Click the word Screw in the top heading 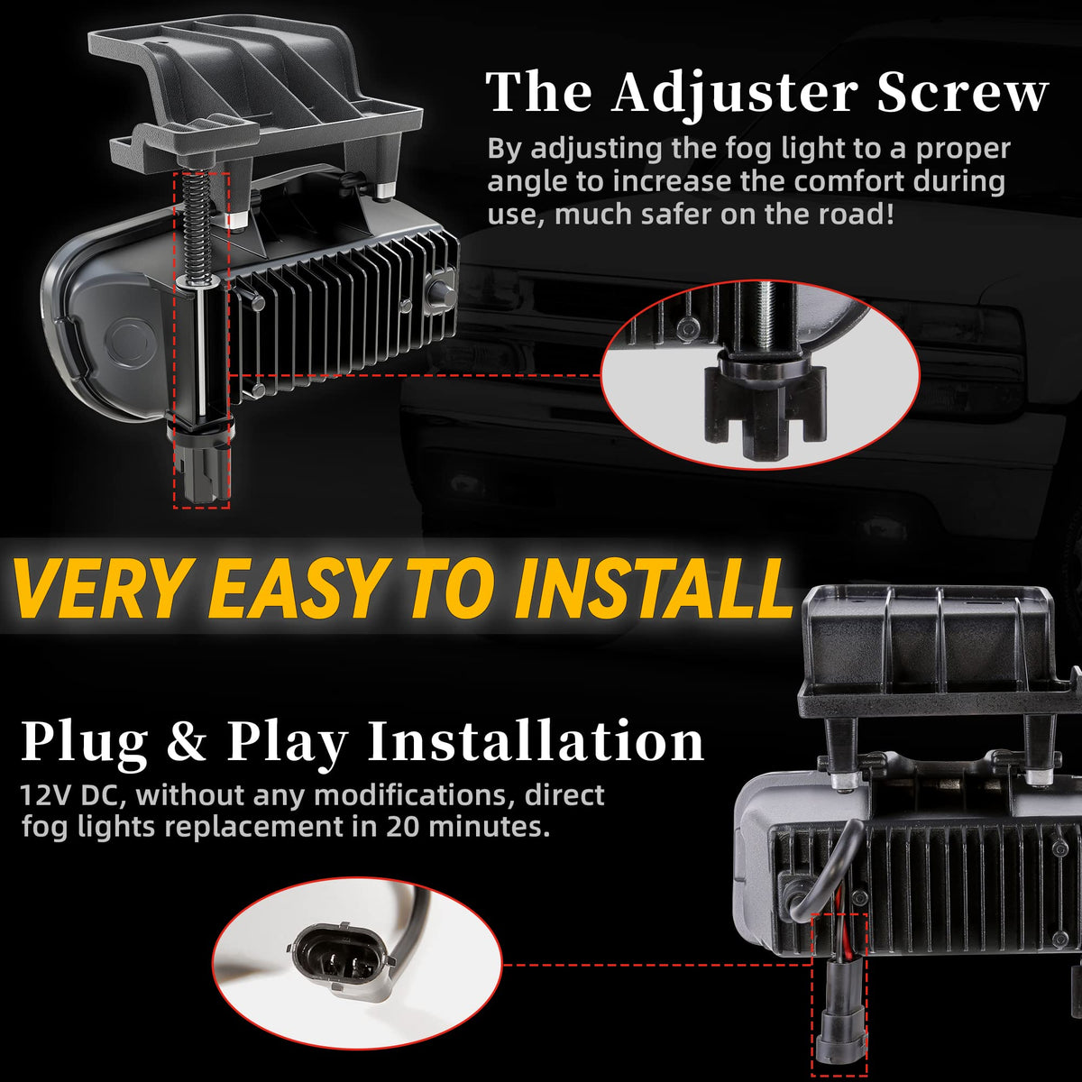coord(963,93)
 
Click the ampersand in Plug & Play coord(188,740)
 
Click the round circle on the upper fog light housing coord(130,339)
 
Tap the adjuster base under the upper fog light coord(202,463)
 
